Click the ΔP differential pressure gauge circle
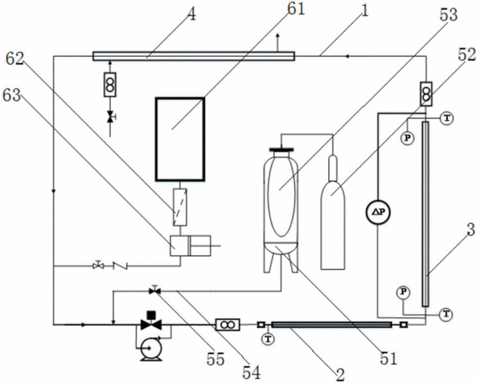(x=378, y=212)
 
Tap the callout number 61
(x=296, y=9)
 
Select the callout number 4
(x=191, y=14)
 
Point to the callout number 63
(x=12, y=95)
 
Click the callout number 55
(x=215, y=359)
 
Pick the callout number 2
(x=340, y=374)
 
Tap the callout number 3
(x=470, y=230)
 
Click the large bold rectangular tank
(x=180, y=140)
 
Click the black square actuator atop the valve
(x=151, y=315)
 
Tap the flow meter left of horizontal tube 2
(x=228, y=325)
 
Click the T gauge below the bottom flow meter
(x=268, y=339)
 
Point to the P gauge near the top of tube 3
(x=407, y=138)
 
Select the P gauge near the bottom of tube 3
(x=403, y=292)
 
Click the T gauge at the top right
(x=447, y=118)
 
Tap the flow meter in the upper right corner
(x=426, y=94)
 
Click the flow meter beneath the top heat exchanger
(x=110, y=84)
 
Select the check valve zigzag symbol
(x=120, y=266)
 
